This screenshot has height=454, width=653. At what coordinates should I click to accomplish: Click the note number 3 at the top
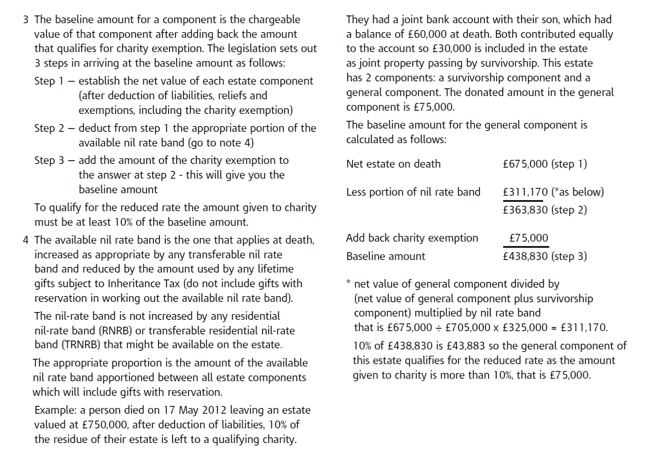(26, 20)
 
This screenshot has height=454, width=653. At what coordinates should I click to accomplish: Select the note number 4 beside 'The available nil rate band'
(26, 240)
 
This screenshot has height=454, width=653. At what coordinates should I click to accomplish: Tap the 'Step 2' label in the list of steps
(49, 128)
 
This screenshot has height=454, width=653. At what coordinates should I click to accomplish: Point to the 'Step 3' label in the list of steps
(49, 160)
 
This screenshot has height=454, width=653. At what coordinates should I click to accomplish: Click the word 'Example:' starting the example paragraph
(56, 410)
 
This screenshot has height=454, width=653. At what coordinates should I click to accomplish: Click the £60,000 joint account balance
(426, 34)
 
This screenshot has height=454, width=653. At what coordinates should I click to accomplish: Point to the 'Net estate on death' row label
(393, 164)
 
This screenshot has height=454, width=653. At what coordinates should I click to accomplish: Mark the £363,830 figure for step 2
(525, 210)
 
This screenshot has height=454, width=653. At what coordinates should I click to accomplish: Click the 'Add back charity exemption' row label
(412, 238)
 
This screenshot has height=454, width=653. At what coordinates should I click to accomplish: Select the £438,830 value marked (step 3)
(525, 256)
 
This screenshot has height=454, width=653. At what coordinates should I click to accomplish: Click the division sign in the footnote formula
(439, 328)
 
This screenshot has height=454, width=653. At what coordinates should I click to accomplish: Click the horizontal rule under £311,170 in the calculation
(523, 201)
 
